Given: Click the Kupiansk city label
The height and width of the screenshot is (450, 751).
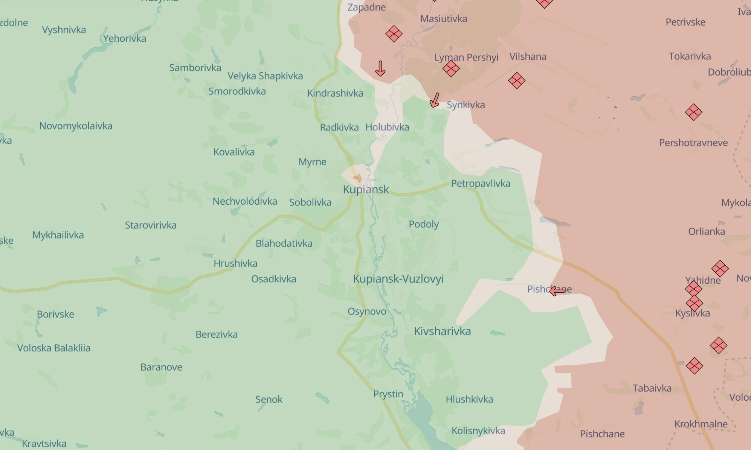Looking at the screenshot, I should [x=366, y=189].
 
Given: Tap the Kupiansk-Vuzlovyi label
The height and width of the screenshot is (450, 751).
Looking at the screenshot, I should [x=398, y=279].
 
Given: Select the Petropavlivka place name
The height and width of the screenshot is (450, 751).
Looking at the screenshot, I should [x=481, y=183].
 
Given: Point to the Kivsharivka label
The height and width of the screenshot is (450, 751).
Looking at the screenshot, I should [x=442, y=331].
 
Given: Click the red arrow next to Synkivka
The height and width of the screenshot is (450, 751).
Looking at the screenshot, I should [x=435, y=100].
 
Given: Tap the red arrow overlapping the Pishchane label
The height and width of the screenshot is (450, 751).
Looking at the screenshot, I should [x=557, y=291].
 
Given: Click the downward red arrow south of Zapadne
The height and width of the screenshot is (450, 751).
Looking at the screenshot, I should [x=380, y=68].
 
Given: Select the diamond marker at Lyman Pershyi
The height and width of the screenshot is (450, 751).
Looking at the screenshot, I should [x=451, y=68].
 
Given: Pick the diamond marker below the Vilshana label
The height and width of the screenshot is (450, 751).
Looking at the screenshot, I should [x=516, y=81].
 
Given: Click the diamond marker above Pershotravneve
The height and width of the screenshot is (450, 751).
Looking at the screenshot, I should [x=693, y=112].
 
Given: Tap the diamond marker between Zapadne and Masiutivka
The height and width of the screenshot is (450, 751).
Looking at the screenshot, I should [x=394, y=34].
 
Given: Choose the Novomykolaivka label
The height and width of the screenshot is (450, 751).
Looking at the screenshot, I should [x=76, y=126].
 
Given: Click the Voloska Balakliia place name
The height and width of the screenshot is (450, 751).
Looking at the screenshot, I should [x=54, y=348].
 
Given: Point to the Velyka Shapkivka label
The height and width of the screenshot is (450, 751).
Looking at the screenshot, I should [x=265, y=76].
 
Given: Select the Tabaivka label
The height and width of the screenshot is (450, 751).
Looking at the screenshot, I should [x=652, y=388].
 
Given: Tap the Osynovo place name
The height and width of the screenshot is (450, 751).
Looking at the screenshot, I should [x=366, y=311].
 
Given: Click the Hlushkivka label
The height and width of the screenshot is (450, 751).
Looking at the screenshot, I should [x=469, y=399].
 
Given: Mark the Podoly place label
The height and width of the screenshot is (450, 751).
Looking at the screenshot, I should [x=424, y=224].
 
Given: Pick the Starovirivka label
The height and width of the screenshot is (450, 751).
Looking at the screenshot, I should [x=151, y=225].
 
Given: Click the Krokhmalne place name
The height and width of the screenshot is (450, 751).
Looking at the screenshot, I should [x=701, y=424].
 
